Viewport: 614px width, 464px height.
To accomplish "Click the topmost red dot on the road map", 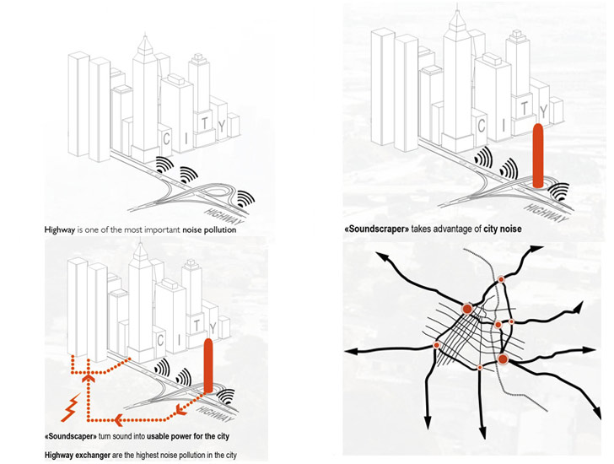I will (501, 279).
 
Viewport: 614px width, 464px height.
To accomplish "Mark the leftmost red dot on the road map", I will (437, 345).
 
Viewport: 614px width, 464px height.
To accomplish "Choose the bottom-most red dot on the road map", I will (479, 367).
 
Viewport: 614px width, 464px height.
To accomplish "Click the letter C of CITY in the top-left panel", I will (167, 138).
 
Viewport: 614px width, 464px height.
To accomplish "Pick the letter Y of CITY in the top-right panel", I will (546, 110).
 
